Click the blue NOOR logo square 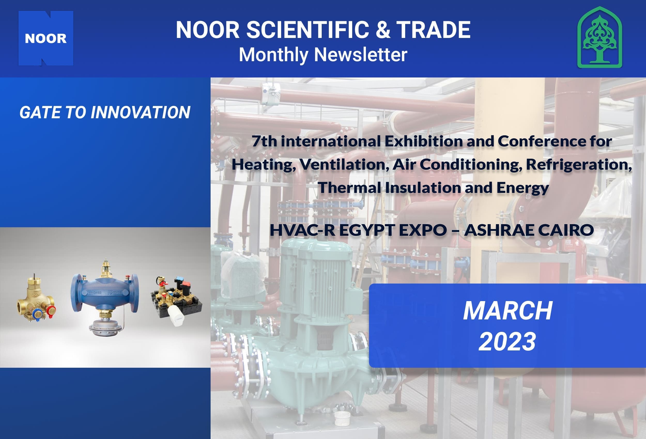click(x=46, y=38)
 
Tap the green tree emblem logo click(x=599, y=37)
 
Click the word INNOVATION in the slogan click(x=140, y=112)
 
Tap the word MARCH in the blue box click(x=507, y=311)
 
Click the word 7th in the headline click(x=264, y=141)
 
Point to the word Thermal click(x=349, y=187)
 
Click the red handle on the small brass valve click(x=51, y=311)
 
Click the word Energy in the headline click(x=523, y=188)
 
